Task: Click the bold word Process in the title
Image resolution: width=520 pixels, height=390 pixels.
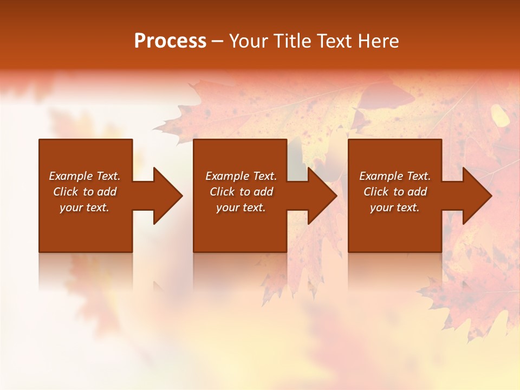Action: point(170,41)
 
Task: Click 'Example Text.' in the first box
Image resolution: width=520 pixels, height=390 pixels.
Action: point(84,176)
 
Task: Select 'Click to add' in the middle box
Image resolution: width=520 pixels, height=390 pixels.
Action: point(241,192)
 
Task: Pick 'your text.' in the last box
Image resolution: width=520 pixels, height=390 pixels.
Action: point(395,207)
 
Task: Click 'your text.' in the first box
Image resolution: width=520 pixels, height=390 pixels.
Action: point(84,207)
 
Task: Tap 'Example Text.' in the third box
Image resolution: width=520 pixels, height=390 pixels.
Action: point(395,176)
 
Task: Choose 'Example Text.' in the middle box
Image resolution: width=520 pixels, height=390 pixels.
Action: point(241,176)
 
